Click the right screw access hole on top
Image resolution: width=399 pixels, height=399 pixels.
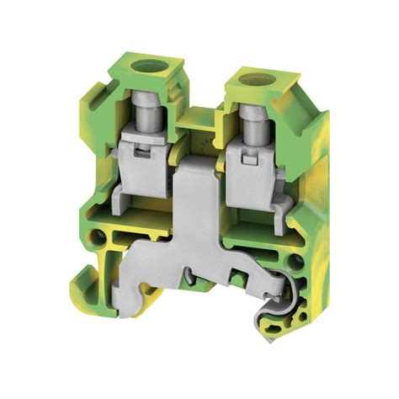[251, 82]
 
